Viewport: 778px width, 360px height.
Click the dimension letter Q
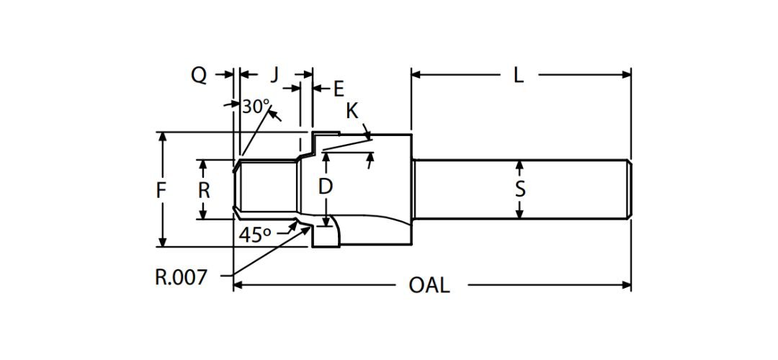pos(199,75)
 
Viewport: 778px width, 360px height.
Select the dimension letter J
pos(274,74)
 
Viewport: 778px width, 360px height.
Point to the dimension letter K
pos(352,111)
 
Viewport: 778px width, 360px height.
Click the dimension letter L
pos(518,74)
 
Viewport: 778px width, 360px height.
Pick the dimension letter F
pos(161,190)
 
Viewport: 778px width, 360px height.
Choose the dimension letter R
pos(204,190)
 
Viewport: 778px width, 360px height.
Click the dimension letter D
pos(326,186)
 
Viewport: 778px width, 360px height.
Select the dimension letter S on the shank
pos(520,189)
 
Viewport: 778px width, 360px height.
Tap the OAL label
pos(429,285)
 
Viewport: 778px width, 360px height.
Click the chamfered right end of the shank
pos(630,189)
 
